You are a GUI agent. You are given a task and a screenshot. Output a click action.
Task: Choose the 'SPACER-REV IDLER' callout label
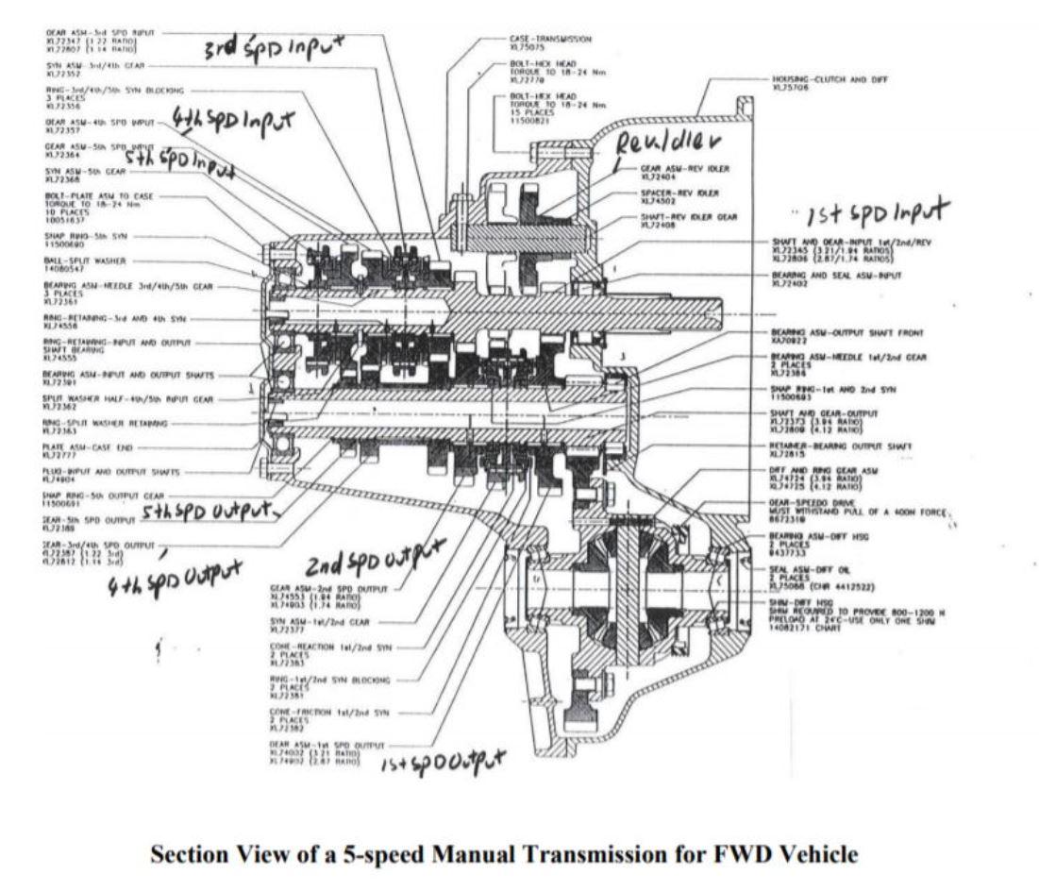coord(679,192)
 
